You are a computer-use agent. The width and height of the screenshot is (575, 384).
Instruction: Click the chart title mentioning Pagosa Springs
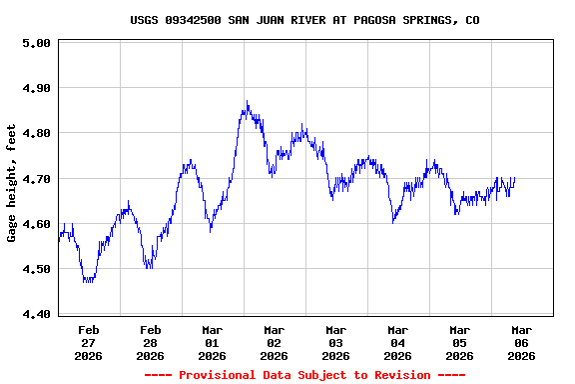pyautogui.click(x=304, y=19)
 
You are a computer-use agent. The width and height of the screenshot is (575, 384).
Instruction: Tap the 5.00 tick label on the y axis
pyautogui.click(x=36, y=43)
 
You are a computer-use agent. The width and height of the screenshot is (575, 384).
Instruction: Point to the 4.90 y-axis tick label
pyautogui.click(x=36, y=88)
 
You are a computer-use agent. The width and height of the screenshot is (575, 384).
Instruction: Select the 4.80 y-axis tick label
pyautogui.click(x=36, y=133)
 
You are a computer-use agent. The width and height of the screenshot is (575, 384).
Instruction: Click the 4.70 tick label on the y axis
pyautogui.click(x=36, y=179)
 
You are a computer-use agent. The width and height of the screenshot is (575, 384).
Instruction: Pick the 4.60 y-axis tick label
pyautogui.click(x=36, y=224)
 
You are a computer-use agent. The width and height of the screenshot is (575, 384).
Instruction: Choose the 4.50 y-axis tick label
pyautogui.click(x=36, y=269)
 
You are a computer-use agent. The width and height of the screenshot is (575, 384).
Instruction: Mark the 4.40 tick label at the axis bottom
pyautogui.click(x=36, y=314)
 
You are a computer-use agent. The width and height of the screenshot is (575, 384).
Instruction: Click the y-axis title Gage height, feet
pyautogui.click(x=12, y=183)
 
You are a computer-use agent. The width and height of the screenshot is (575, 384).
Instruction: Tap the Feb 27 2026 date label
pyautogui.click(x=89, y=342)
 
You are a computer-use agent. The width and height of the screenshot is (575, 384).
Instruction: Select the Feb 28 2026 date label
pyautogui.click(x=151, y=342)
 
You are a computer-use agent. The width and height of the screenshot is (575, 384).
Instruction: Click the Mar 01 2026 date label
pyautogui.click(x=213, y=342)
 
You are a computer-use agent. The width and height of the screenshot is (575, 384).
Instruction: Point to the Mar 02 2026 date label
pyautogui.click(x=275, y=342)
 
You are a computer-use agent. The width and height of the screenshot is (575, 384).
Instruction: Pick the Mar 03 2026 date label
pyautogui.click(x=336, y=342)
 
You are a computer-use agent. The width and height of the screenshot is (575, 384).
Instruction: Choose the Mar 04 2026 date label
pyautogui.click(x=398, y=342)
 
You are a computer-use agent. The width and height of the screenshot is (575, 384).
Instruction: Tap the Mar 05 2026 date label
pyautogui.click(x=460, y=342)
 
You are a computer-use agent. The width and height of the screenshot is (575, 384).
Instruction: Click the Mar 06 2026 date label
pyautogui.click(x=522, y=342)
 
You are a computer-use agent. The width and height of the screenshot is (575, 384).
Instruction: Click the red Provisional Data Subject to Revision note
pyautogui.click(x=304, y=375)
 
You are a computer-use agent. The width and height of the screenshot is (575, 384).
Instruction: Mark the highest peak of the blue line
pyautogui.click(x=247, y=102)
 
